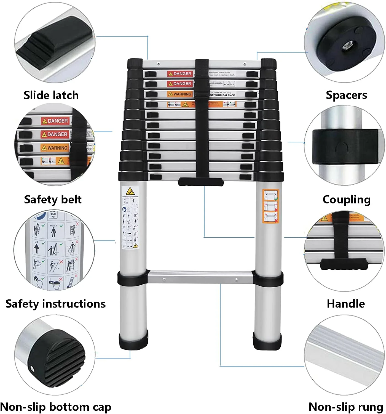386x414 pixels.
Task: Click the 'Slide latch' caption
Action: coord(51,95)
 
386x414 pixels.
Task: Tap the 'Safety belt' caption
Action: coord(53,199)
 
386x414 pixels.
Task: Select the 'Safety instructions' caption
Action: coord(55,304)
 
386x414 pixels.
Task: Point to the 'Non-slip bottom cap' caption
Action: coord(55,407)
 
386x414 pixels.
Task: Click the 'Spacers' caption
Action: coord(346,95)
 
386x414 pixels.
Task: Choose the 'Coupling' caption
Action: coord(346,200)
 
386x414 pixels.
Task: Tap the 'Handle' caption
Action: coord(346,304)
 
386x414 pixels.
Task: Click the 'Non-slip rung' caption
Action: coord(346,407)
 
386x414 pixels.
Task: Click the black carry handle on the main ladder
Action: coord(201,182)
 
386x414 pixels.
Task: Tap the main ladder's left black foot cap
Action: coord(133,342)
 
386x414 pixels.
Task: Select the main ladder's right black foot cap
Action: coord(267,342)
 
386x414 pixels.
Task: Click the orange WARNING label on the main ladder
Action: coord(180,94)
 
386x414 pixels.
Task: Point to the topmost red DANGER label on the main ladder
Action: coord(180,74)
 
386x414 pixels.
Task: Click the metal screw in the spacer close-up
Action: coord(346,47)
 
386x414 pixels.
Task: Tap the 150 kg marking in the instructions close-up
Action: coord(53,214)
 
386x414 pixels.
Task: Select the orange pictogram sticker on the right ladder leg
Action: coord(270,206)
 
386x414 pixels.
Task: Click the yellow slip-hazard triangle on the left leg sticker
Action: coord(130,191)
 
